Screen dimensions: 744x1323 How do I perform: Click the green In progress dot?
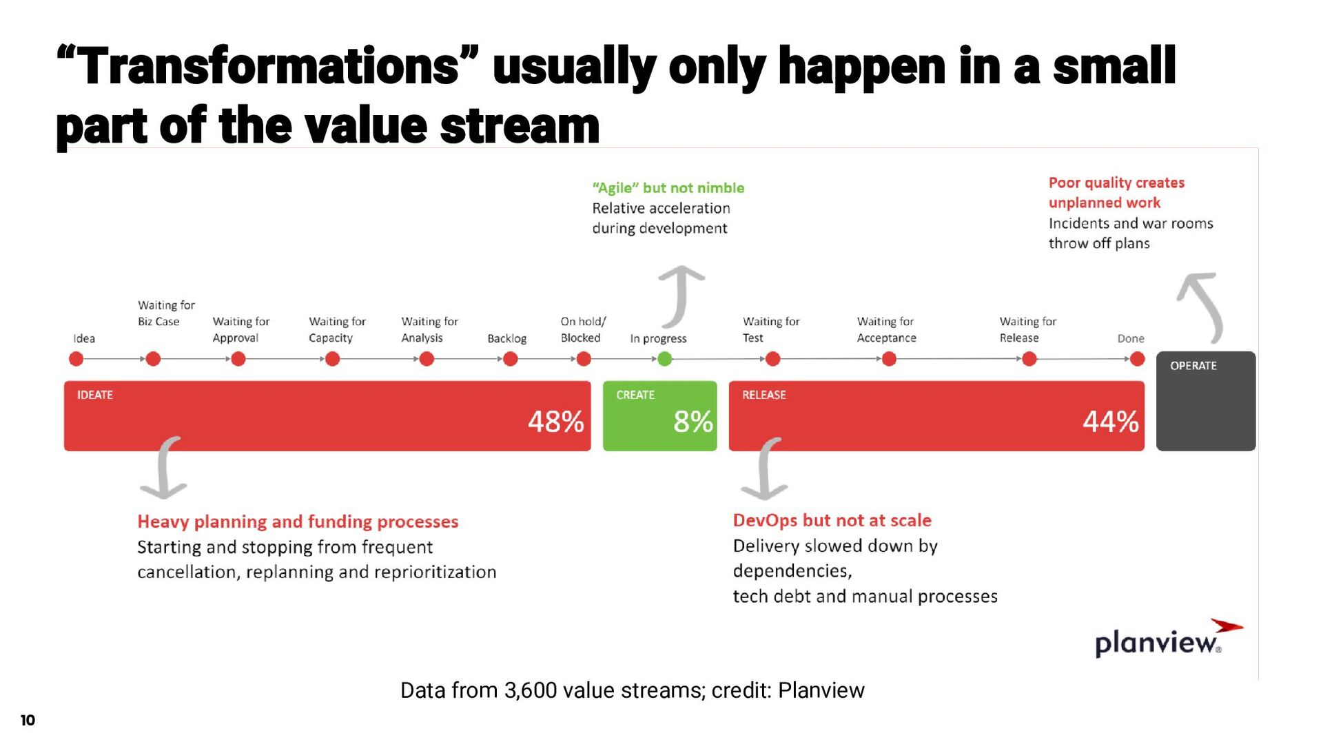[664, 359]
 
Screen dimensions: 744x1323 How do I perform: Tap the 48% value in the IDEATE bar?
[555, 422]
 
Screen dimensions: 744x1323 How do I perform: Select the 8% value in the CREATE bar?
[693, 422]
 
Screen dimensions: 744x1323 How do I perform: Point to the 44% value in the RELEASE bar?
[1110, 422]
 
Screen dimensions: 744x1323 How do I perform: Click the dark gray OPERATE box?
[1205, 402]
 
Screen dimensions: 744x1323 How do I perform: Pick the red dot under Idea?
[76, 359]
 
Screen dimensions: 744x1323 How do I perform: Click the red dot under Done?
[1137, 359]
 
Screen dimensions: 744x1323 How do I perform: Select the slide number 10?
[28, 721]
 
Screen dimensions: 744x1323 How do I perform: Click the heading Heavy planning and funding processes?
[298, 521]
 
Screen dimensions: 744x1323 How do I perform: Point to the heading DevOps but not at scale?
[832, 520]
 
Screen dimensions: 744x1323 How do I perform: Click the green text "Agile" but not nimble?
[668, 188]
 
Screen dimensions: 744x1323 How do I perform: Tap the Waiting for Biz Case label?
[165, 313]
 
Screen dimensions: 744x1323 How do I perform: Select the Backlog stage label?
[506, 338]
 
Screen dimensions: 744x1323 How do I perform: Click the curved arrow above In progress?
[680, 296]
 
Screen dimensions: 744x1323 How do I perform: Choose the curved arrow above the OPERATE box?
[1202, 307]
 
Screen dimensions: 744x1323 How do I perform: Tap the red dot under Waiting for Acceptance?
[889, 359]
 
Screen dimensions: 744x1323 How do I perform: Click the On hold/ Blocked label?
[582, 330]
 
